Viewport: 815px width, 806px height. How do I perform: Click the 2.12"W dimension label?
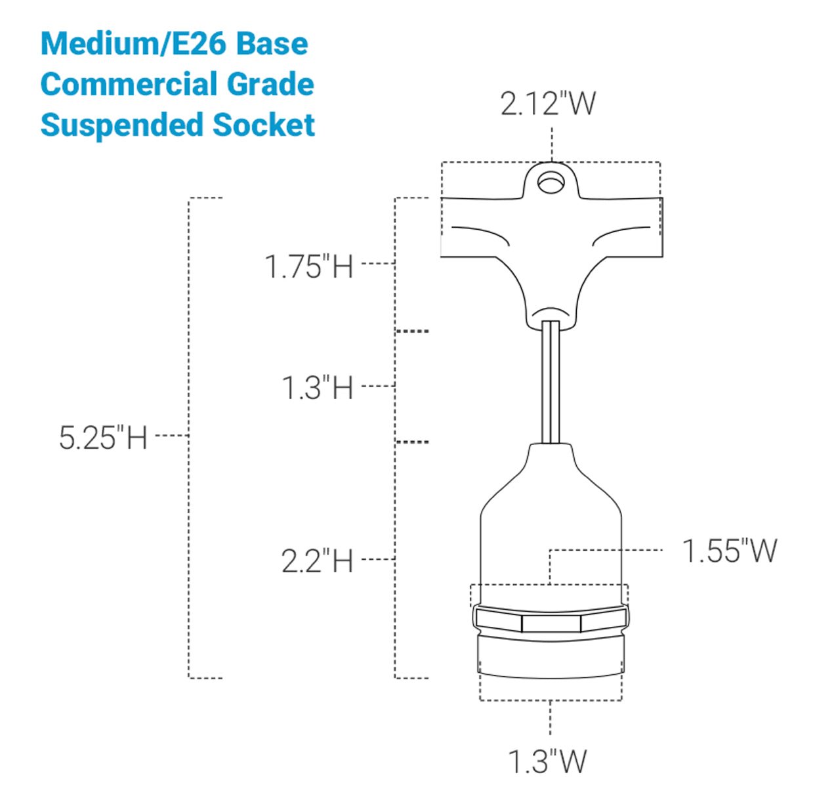pyautogui.click(x=548, y=103)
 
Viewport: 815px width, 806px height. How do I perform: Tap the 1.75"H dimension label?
pyautogui.click(x=309, y=266)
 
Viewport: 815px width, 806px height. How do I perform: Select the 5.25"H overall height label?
pyautogui.click(x=103, y=438)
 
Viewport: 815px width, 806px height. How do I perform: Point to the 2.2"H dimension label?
pyautogui.click(x=317, y=561)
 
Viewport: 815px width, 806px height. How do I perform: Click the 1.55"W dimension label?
pyautogui.click(x=730, y=551)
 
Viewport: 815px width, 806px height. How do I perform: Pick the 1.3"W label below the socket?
pyautogui.click(x=547, y=761)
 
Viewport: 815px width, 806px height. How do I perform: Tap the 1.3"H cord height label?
pyautogui.click(x=317, y=388)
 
